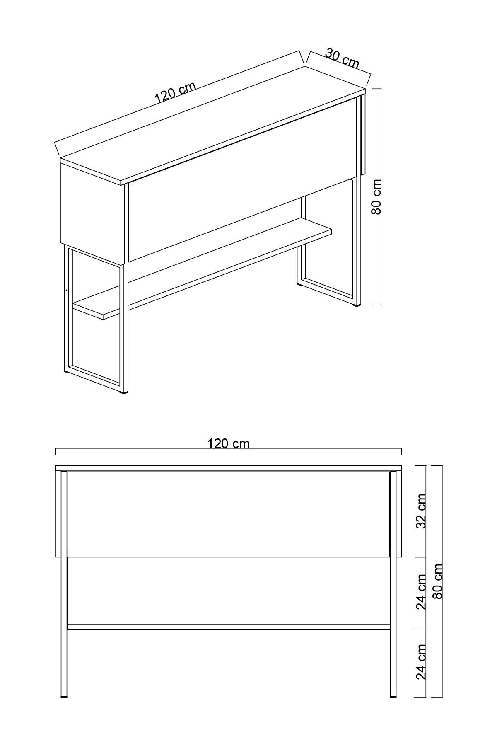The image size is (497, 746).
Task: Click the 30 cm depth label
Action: [342, 58]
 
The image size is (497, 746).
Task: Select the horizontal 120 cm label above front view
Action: [228, 444]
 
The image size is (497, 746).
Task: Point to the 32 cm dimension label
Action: [421, 511]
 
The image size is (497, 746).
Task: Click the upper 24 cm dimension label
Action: [421, 592]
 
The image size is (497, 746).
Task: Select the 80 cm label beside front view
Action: [438, 581]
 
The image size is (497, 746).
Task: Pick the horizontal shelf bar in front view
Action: [228, 627]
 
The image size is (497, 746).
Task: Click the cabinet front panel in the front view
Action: [228, 514]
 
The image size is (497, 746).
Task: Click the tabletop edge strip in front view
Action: [228, 468]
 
